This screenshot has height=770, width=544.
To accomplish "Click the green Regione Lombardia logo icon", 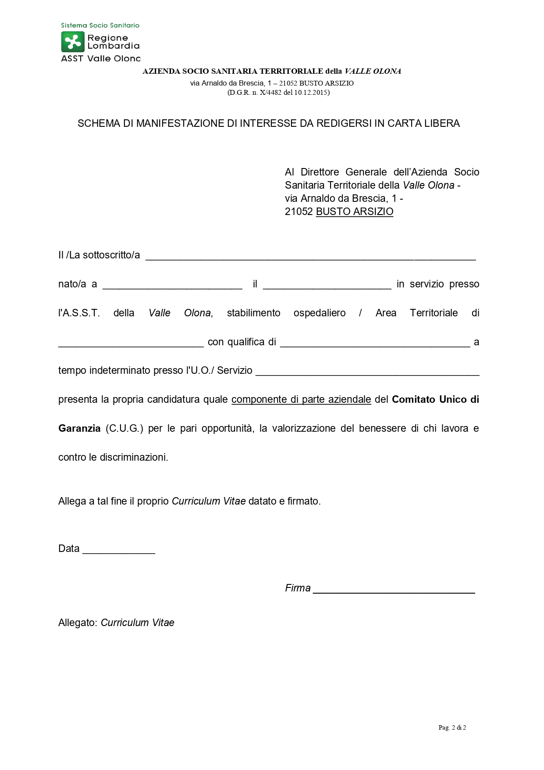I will pyautogui.click(x=72, y=42).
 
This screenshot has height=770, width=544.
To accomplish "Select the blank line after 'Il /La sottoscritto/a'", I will pyautogui.click(x=310, y=255).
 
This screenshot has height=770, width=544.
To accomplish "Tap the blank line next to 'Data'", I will pyautogui.click(x=119, y=549).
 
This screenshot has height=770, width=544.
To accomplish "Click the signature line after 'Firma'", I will pyautogui.click(x=394, y=589).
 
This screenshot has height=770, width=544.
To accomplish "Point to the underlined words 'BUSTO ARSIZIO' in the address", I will pyautogui.click(x=355, y=212).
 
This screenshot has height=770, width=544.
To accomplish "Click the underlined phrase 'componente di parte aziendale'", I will pyautogui.click(x=301, y=400).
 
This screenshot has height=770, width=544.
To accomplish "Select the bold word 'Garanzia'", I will pyautogui.click(x=79, y=429).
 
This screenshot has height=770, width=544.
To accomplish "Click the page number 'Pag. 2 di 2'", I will pyautogui.click(x=452, y=728).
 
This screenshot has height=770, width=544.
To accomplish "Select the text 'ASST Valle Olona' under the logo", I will pyautogui.click(x=100, y=58).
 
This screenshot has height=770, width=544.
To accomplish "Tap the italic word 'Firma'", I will pyautogui.click(x=298, y=588).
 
